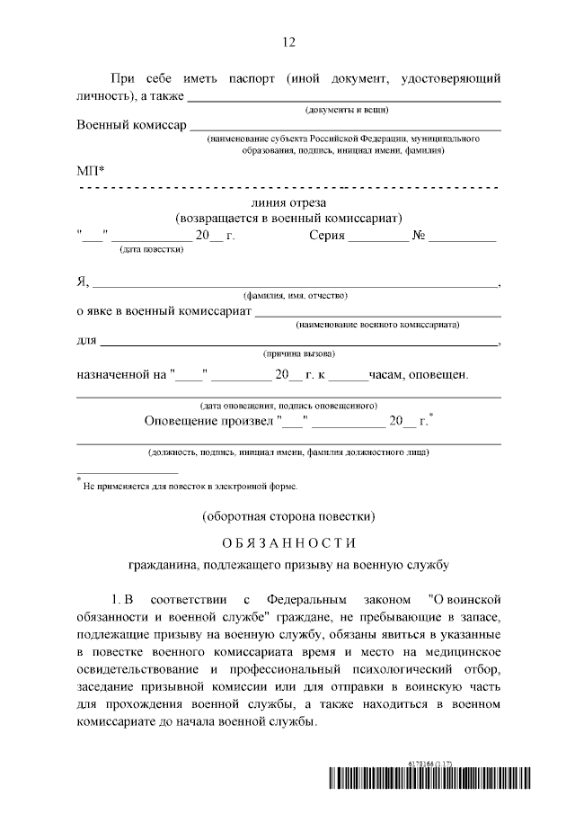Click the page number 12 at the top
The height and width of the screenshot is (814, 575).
287,42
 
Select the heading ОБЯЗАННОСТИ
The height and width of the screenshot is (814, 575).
287,542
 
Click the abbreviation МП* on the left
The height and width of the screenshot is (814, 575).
91,171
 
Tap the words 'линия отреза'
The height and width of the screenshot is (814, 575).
288,202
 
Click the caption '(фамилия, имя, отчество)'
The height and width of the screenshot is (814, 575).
296,295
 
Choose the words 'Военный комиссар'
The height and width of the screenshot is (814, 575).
131,125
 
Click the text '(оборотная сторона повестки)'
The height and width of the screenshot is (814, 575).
287,515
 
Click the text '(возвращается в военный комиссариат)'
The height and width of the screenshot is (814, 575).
288,219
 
